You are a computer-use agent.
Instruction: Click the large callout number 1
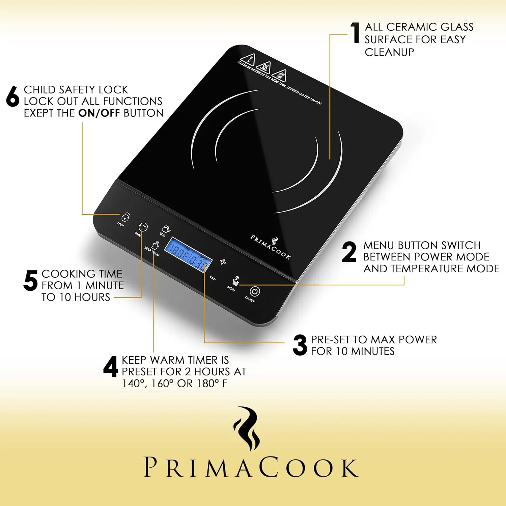(x=355, y=33)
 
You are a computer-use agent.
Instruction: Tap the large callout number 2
(x=349, y=252)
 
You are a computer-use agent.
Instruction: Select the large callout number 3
(x=300, y=345)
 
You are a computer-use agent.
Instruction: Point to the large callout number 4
(x=111, y=366)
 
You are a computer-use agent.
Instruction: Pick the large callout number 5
(x=30, y=280)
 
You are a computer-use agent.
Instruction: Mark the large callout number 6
(x=13, y=96)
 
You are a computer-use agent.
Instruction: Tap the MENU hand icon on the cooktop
(x=235, y=281)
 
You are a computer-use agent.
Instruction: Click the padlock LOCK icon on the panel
(x=125, y=217)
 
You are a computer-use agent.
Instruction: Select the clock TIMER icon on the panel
(x=143, y=227)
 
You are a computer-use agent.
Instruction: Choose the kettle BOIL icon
(x=166, y=229)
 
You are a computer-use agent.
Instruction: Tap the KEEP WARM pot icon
(x=156, y=245)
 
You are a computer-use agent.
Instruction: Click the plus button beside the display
(x=223, y=261)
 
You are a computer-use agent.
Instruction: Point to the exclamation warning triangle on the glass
(x=249, y=59)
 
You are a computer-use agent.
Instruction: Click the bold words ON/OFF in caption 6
(x=99, y=113)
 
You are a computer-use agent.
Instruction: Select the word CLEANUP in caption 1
(x=389, y=52)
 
